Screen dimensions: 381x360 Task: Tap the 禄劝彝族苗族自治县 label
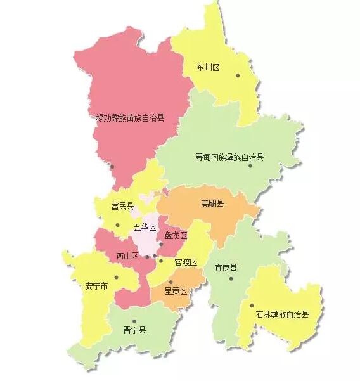[x=130, y=117]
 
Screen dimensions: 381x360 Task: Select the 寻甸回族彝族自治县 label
[x=230, y=156]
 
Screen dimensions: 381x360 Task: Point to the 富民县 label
[x=122, y=206]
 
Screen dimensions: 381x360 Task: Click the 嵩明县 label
[x=213, y=203]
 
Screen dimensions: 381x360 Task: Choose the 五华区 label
[x=144, y=227]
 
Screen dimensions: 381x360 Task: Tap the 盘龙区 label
[x=175, y=235]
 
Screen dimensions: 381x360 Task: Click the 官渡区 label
[x=186, y=262]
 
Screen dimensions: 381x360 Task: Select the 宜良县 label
[x=226, y=268]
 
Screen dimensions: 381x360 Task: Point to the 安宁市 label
[x=96, y=286]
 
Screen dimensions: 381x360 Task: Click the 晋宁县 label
[x=134, y=330]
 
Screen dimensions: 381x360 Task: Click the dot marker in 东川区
[x=238, y=76]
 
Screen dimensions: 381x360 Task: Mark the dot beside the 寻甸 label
[x=250, y=166]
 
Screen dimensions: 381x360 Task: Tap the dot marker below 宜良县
[x=232, y=278]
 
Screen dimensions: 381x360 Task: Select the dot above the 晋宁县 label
[x=134, y=321]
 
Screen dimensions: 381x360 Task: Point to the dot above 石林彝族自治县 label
[x=252, y=306]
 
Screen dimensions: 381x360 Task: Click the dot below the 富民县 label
[x=117, y=225]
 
